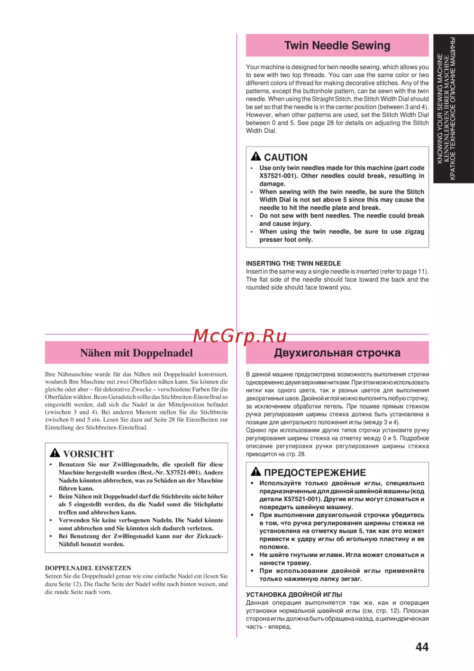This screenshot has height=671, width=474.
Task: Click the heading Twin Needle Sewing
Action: [x=337, y=46]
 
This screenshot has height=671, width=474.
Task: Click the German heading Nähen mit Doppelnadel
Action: [x=137, y=353]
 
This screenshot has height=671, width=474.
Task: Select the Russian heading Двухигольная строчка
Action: [x=337, y=353]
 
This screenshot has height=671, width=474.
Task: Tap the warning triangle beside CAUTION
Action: [x=256, y=156]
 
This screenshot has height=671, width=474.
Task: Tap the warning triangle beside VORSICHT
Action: [x=55, y=453]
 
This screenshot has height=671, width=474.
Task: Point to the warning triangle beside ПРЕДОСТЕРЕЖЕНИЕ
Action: [x=256, y=472]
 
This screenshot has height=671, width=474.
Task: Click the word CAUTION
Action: [x=286, y=157]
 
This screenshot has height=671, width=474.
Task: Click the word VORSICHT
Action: [x=89, y=454]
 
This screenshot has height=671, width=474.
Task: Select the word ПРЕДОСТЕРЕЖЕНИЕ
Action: [x=315, y=473]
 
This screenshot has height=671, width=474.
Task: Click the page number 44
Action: [x=422, y=647]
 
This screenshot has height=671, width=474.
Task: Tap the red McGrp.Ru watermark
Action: [x=240, y=336]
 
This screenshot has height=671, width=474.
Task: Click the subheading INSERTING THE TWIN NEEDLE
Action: [x=293, y=263]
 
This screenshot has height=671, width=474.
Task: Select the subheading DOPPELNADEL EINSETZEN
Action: [x=88, y=568]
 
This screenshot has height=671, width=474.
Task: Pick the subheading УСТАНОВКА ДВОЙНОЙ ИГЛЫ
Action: [x=294, y=594]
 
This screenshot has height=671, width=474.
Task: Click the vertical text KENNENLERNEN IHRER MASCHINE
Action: [x=446, y=109]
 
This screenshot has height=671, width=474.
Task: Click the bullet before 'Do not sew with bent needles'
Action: [x=252, y=216]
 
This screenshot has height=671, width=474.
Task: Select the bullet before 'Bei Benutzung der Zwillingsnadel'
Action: [x=51, y=536]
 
